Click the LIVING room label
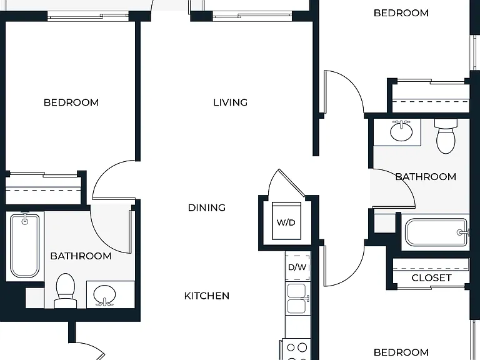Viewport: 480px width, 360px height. (230, 102)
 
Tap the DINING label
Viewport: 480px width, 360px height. (207, 208)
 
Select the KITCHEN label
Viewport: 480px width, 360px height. (207, 296)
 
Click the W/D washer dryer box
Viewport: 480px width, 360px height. (286, 221)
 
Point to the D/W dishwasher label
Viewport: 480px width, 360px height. (297, 267)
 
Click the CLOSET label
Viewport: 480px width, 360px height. (431, 277)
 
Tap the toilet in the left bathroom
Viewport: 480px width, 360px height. (66, 291)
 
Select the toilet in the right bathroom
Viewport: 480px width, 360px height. (446, 136)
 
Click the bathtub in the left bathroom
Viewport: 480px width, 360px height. (25, 246)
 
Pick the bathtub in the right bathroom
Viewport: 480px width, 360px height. (437, 232)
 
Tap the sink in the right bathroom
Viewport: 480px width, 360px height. (401, 131)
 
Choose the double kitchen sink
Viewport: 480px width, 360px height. (297, 299)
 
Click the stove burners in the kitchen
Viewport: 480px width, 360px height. (297, 349)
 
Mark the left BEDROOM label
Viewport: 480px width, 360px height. (71, 102)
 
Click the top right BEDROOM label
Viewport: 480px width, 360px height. (401, 13)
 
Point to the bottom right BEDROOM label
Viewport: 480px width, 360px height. (401, 352)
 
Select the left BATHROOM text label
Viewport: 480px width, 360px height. (81, 256)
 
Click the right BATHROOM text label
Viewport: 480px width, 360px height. (426, 177)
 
